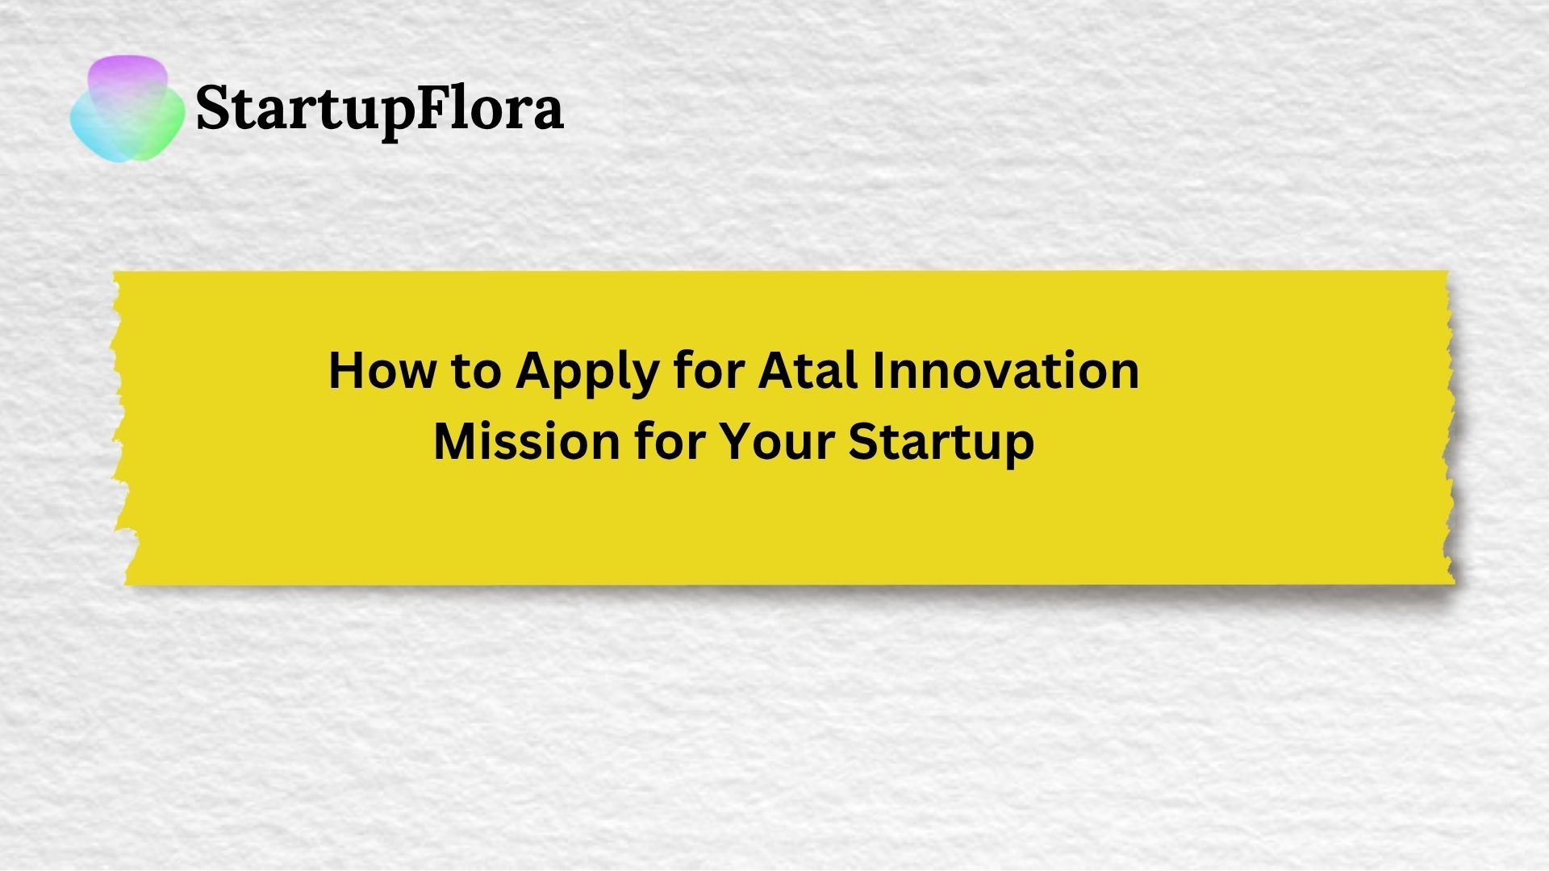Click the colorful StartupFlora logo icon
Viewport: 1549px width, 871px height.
[x=127, y=108]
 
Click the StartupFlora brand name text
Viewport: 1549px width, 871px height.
[x=379, y=110]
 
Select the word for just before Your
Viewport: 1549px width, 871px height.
[x=666, y=441]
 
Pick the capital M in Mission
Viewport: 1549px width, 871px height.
[x=453, y=441]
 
